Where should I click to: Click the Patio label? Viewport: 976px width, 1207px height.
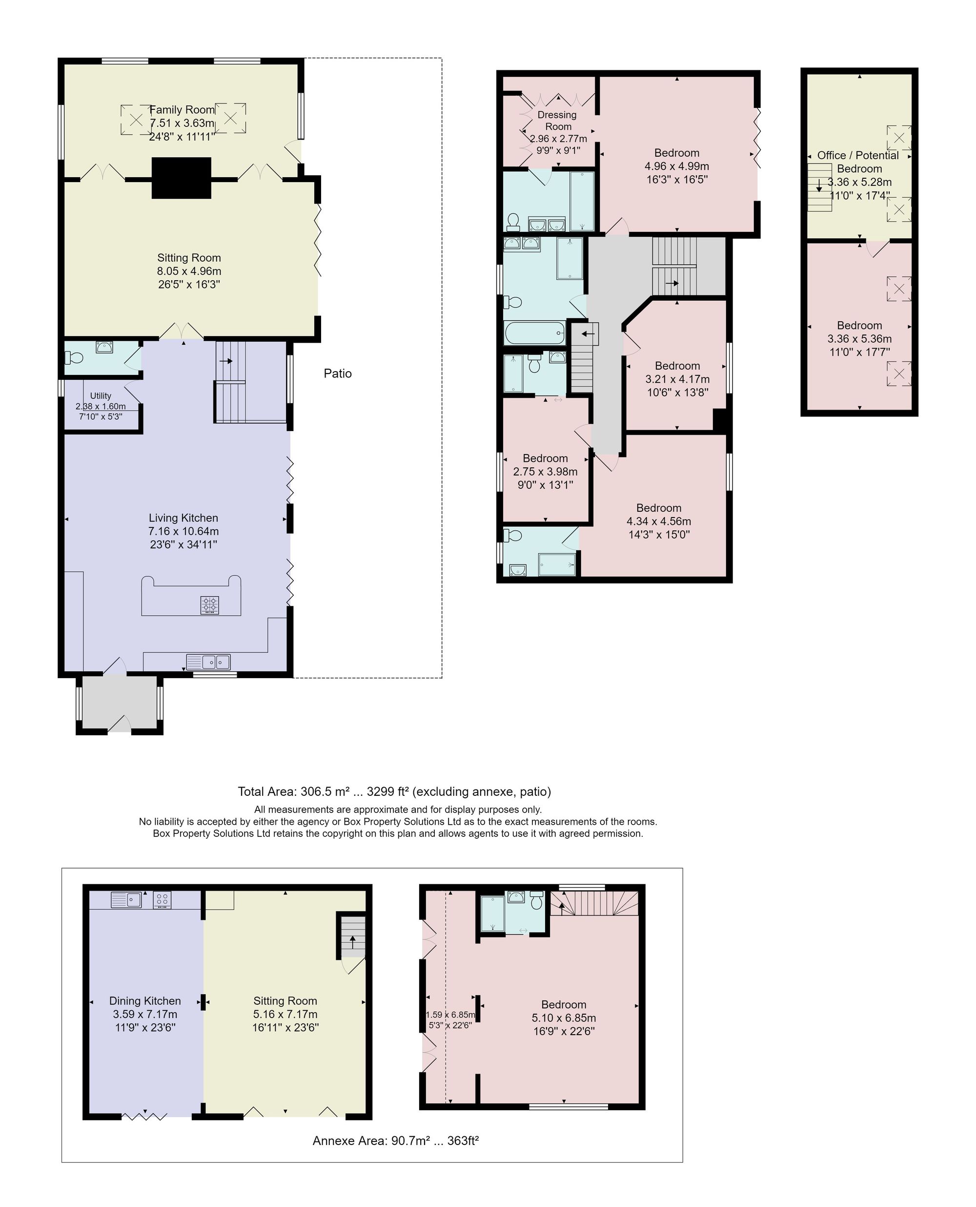pyautogui.click(x=337, y=374)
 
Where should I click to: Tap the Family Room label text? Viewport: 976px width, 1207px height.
pyautogui.click(x=182, y=110)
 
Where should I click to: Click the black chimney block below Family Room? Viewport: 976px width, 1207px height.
pyautogui.click(x=182, y=178)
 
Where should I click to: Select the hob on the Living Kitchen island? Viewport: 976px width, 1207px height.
pyautogui.click(x=210, y=605)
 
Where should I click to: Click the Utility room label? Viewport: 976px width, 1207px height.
pyautogui.click(x=101, y=396)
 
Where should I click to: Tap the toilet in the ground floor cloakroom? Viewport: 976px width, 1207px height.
pyautogui.click(x=74, y=357)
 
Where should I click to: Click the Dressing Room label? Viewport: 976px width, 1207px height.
pyautogui.click(x=557, y=121)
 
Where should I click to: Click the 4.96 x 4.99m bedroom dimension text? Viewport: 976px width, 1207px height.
pyautogui.click(x=676, y=166)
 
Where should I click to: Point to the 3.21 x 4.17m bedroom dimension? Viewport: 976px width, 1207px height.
pyautogui.click(x=677, y=379)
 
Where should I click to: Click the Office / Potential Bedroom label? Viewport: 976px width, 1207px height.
pyautogui.click(x=858, y=162)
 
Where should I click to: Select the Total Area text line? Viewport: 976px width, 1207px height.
pyautogui.click(x=394, y=791)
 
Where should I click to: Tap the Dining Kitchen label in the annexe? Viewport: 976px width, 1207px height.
pyautogui.click(x=145, y=1000)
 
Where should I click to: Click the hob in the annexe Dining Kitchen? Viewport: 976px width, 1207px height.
pyautogui.click(x=162, y=900)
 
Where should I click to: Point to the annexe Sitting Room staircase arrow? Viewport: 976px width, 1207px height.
pyautogui.click(x=352, y=941)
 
